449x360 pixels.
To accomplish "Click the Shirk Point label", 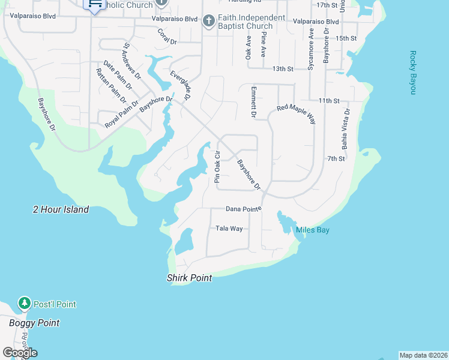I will coord(189,278).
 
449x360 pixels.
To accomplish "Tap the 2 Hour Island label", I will coord(61,209).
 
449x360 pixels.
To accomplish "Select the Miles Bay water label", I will coord(312,230).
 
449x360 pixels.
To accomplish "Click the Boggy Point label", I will coord(34,323).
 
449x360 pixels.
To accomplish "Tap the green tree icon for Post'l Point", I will coord(24,304).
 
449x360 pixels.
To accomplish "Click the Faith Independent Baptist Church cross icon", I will coord(208,22).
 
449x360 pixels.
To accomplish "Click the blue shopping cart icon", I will coord(94,5).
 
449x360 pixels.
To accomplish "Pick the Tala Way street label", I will coord(229,229).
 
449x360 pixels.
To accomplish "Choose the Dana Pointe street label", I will coord(244,209).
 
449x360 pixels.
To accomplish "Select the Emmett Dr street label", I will coord(253,101).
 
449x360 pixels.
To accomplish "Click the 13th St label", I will coord(282,69).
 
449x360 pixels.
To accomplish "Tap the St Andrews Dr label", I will coord(132,61).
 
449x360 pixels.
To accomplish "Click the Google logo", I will coord(20,352).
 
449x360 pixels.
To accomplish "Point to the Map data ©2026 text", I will coord(424,355).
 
